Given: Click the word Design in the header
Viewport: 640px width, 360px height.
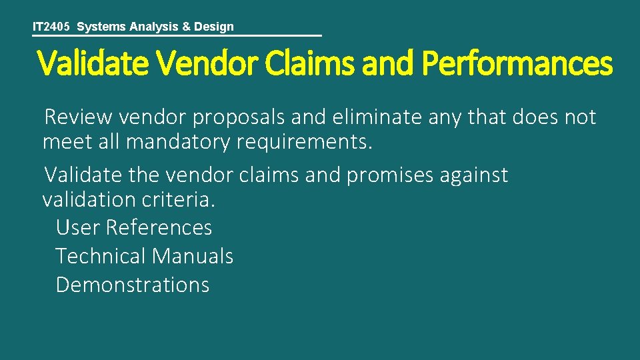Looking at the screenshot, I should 213,27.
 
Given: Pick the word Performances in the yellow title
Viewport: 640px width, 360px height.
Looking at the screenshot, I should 517,65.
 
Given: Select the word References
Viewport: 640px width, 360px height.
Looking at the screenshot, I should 159,228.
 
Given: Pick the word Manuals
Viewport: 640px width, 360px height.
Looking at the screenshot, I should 193,256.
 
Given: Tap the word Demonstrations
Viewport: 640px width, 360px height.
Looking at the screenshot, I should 133,285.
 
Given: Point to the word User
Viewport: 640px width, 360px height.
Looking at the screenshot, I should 77,228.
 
